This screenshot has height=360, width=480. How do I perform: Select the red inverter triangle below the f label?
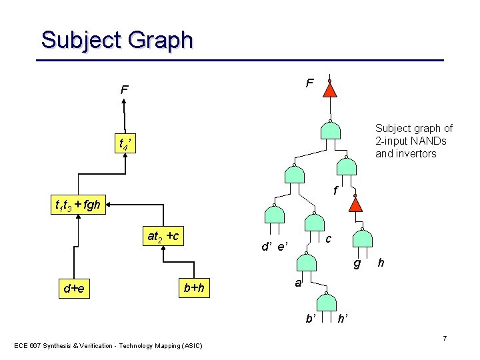point(357,203)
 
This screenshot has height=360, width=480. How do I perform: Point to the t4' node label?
point(126,143)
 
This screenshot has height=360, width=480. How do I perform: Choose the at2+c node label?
point(163,236)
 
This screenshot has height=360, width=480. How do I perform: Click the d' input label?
point(267,247)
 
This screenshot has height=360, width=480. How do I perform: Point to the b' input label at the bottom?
point(311,319)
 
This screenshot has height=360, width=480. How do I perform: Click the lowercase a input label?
point(299,283)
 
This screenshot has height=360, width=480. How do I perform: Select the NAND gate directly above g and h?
point(363,239)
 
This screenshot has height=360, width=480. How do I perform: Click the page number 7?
point(445,339)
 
